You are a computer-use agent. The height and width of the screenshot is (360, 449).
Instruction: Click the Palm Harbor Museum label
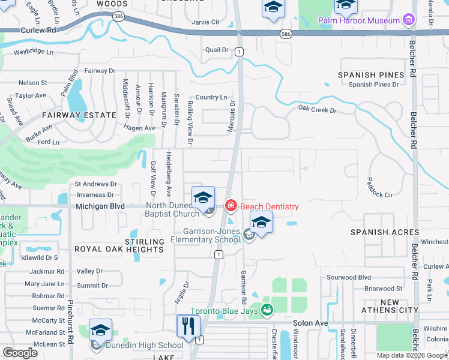click(x=358, y=20)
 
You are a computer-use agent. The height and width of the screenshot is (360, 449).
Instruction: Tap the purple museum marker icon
click(x=409, y=20)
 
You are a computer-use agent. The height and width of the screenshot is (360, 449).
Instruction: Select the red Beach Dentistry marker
click(x=231, y=206)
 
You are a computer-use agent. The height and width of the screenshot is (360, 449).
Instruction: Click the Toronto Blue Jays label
click(x=225, y=310)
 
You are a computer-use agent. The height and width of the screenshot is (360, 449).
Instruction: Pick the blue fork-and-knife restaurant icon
click(x=188, y=326)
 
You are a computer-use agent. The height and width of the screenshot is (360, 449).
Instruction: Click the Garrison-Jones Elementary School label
click(x=205, y=235)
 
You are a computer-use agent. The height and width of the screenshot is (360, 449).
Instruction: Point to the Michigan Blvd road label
click(x=100, y=206)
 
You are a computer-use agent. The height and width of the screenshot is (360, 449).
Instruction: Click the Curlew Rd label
click(x=38, y=29)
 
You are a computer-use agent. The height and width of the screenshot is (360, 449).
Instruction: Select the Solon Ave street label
click(x=310, y=323)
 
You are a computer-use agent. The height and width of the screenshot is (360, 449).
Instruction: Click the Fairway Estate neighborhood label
click(x=79, y=115)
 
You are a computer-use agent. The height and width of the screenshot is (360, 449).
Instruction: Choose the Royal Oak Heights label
click(x=119, y=248)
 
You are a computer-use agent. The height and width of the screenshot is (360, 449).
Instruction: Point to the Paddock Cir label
click(x=380, y=194)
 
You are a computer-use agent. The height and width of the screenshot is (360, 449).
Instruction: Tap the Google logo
click(x=20, y=352)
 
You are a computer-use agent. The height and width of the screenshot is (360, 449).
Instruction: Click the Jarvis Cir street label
click(x=206, y=22)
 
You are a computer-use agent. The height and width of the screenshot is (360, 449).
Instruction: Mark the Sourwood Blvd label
click(x=348, y=277)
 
